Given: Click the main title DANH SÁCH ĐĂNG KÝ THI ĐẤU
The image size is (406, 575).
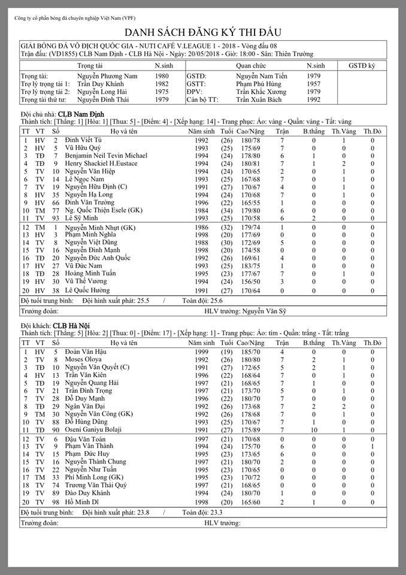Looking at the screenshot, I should pos(203,33).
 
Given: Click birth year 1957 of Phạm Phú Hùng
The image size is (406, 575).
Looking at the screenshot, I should pos(314,84).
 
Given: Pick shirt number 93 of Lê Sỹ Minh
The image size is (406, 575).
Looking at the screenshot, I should pos(55,218).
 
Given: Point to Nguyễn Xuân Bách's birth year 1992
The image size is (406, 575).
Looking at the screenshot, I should pos(314,100).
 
